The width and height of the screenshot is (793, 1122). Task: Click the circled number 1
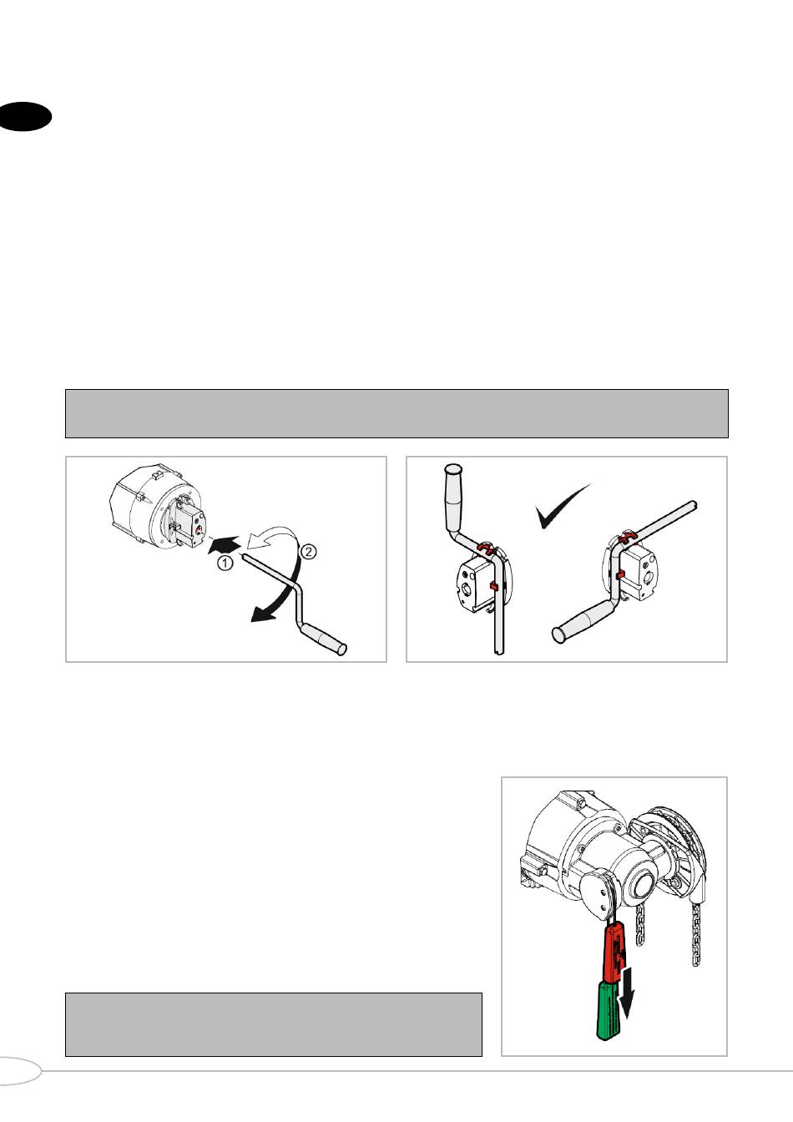(x=225, y=563)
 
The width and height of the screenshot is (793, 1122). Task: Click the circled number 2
(x=308, y=552)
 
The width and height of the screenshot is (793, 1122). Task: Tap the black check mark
(x=561, y=507)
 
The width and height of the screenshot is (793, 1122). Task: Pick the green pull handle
(x=611, y=1011)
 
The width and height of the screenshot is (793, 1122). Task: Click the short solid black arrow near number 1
(x=225, y=544)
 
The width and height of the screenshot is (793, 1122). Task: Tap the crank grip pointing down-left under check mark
(x=581, y=622)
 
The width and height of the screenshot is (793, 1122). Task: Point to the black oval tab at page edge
(x=25, y=116)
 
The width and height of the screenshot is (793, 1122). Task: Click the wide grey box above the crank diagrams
(x=396, y=414)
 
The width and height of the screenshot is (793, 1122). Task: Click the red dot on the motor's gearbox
(x=200, y=530)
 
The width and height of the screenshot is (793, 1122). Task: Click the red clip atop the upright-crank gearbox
(x=485, y=547)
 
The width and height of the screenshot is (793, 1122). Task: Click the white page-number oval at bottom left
(x=19, y=1071)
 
